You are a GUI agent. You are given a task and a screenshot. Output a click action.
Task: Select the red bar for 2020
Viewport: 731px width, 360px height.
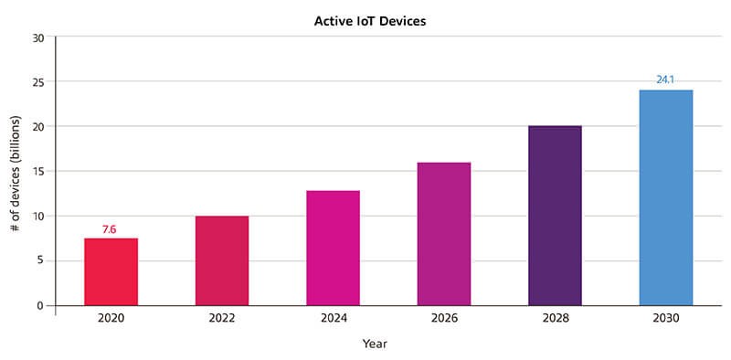click(x=111, y=271)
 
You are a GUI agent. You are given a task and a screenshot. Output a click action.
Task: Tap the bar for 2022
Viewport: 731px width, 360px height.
click(x=222, y=260)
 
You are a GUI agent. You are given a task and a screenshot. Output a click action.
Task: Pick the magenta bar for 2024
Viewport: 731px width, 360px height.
click(x=333, y=248)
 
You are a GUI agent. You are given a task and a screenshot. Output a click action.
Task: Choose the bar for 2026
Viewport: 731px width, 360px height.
click(x=444, y=234)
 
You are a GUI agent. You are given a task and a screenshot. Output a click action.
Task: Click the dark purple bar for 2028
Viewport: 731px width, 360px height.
click(x=555, y=216)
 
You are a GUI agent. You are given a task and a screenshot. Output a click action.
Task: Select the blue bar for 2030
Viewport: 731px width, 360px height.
click(x=666, y=197)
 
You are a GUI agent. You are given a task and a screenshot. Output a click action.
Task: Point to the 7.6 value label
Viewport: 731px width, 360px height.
click(x=109, y=229)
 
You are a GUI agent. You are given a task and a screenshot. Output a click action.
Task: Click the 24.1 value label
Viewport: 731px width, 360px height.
click(x=664, y=80)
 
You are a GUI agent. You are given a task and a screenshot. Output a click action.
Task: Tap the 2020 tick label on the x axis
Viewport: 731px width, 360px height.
click(x=111, y=319)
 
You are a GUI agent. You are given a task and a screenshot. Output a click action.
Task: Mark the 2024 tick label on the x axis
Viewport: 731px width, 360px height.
click(x=333, y=319)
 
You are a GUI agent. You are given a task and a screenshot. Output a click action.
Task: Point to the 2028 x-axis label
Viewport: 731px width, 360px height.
click(x=555, y=319)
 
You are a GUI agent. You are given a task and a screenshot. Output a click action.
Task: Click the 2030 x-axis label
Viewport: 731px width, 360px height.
click(x=666, y=319)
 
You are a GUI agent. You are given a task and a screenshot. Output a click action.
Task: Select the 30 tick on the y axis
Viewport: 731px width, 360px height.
click(x=38, y=37)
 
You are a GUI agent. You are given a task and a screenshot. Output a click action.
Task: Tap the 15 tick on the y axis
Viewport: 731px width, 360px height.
click(x=38, y=172)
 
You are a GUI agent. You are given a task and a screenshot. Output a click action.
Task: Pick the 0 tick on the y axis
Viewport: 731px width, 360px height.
click(x=41, y=306)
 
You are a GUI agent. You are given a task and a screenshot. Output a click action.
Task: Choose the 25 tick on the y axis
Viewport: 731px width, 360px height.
click(x=38, y=82)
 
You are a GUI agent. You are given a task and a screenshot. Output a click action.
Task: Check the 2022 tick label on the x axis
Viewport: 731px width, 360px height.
click(x=222, y=319)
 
